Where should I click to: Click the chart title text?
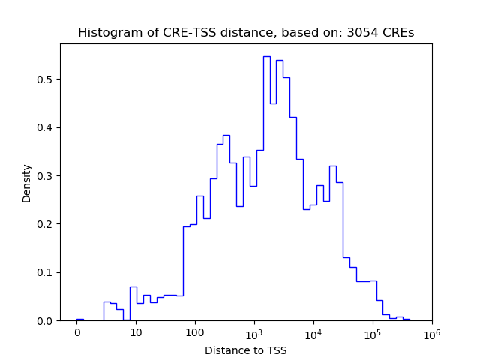pos(246,33)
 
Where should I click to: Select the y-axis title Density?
pos(27,183)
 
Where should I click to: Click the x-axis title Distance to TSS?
pos(246,350)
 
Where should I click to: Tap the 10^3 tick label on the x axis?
pos(254,332)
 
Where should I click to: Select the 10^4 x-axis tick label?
pos(313,332)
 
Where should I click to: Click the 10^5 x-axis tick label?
pos(373,332)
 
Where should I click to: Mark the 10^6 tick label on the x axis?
pos(431,332)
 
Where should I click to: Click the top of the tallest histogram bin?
pos(267,56)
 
